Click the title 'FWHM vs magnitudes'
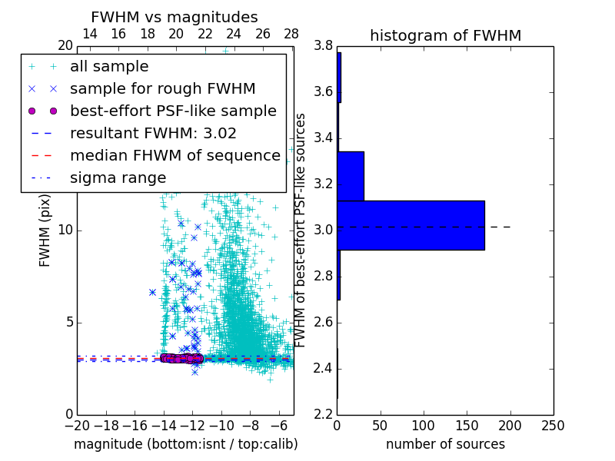175,17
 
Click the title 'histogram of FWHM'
445,35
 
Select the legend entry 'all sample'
109,67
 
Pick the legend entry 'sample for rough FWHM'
162,88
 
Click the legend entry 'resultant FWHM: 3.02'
153,133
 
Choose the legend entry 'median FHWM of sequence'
175,155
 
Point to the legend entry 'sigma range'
118,177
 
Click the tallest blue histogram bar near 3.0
411,225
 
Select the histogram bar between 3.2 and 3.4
351,176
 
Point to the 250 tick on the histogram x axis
553,426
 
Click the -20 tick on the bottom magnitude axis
77,426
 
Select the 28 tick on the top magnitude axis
291,34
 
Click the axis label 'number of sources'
445,444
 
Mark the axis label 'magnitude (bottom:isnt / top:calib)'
185,444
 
